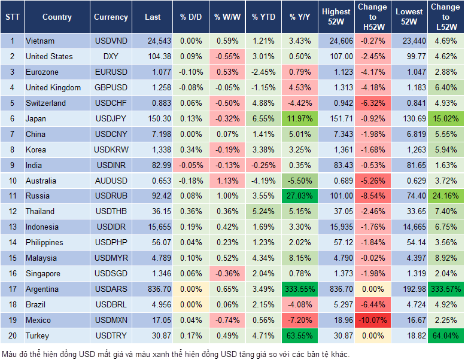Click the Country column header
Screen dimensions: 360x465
[57, 17]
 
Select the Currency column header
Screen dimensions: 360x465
[111, 17]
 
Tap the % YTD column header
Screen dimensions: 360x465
[263, 17]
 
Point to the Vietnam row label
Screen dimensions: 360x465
[40, 41]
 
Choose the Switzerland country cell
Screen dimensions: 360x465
[46, 103]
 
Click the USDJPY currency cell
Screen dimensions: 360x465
[111, 118]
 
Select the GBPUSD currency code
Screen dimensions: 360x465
[111, 87]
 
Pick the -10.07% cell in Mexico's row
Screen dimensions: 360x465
[372, 320]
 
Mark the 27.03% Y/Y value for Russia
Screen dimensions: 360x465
[300, 196]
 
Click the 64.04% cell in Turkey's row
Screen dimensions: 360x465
[445, 335]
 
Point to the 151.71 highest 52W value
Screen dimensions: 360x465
[336, 118]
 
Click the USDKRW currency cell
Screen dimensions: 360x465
[111, 150]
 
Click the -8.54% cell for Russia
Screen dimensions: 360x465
[372, 196]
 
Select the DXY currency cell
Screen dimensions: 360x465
[111, 56]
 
